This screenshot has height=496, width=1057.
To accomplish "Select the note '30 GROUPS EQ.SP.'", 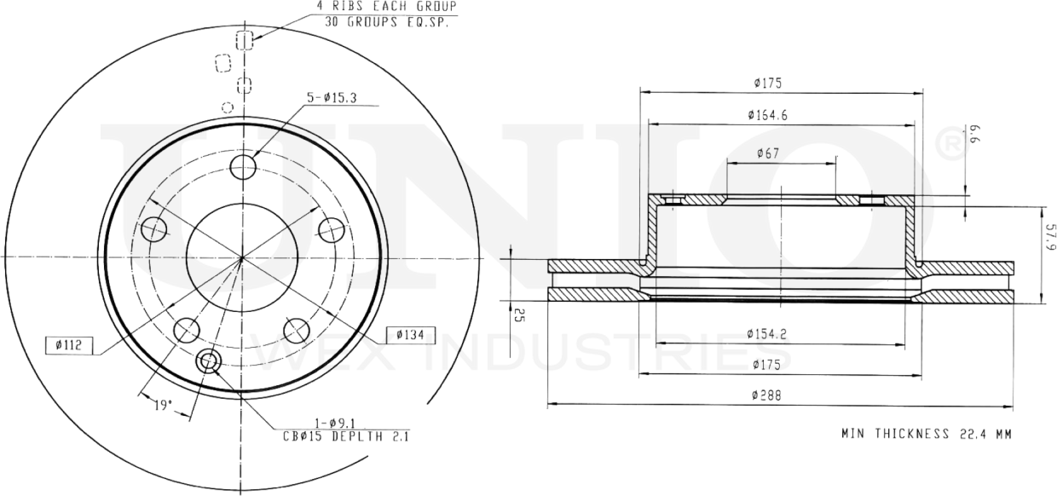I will click(x=386, y=21).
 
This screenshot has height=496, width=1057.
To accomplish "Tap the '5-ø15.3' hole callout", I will click(x=331, y=98).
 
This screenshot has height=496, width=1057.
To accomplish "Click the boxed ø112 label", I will click(x=68, y=344).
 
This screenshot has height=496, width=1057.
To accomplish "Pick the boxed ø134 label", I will click(x=410, y=334).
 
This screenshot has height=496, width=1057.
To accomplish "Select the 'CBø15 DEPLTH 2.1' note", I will click(x=346, y=436).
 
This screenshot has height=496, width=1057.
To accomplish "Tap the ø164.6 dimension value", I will click(x=768, y=113).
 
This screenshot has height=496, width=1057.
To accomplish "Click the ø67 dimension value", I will click(x=769, y=153).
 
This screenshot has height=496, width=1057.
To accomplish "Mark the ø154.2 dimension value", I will click(x=768, y=333).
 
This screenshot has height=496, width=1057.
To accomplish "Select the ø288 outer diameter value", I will click(x=768, y=395).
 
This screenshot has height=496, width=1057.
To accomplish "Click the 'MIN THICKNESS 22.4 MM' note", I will click(x=926, y=434).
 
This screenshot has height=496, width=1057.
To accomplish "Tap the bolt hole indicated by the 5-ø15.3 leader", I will click(x=244, y=167).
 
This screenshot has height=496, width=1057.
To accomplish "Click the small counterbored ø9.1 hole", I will click(x=207, y=362).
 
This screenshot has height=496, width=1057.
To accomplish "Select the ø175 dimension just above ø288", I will click(x=768, y=364).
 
